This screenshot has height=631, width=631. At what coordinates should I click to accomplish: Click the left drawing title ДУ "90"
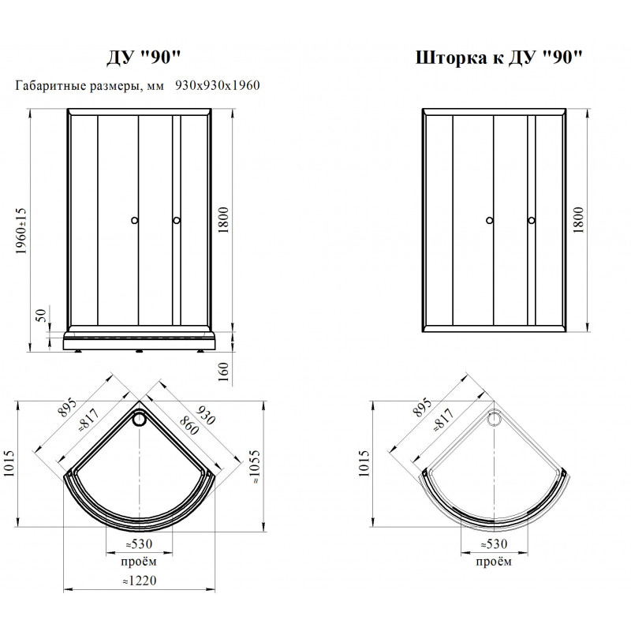(144, 58)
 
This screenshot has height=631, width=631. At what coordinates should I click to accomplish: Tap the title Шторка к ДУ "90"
(498, 58)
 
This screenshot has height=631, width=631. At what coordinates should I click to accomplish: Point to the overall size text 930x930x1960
(218, 85)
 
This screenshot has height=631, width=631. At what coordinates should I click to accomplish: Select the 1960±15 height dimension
(21, 231)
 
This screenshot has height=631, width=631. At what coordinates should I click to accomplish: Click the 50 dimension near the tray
(42, 315)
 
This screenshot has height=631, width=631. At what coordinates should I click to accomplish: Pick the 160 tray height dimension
(223, 372)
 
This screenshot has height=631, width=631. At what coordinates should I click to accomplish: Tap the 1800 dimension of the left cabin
(223, 220)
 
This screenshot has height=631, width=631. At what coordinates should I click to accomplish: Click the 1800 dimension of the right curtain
(578, 220)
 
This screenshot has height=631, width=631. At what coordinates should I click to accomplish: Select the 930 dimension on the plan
(206, 415)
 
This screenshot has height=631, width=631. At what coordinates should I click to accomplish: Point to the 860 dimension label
(189, 425)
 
